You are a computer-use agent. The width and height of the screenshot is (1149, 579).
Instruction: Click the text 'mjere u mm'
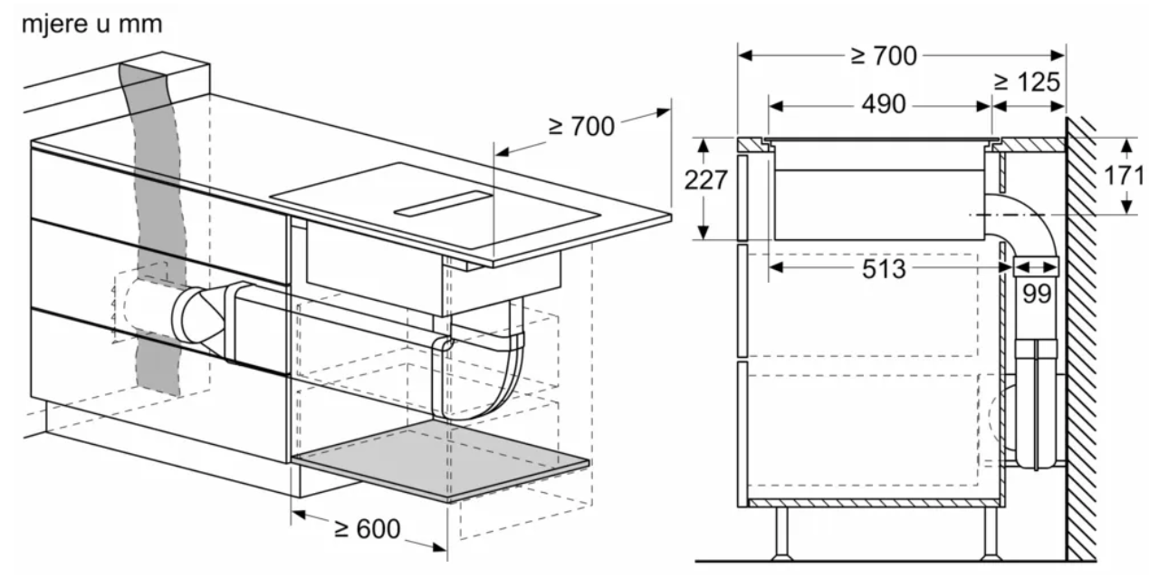pos(91,24)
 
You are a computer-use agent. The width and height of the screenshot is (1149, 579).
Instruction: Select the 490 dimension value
pos(884,105)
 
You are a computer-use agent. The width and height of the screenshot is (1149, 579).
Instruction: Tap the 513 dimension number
pos(884,269)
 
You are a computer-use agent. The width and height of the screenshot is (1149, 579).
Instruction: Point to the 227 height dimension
pos(706,179)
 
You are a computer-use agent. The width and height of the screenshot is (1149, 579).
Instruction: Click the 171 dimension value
pos(1124,176)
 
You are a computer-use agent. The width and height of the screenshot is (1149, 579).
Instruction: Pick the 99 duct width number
pos(1037,294)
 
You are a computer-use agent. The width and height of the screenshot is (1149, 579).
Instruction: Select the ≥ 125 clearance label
pos(1027,82)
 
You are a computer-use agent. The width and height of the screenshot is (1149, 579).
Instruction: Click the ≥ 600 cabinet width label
pos(367,528)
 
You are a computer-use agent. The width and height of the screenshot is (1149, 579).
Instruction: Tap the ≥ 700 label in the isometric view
pos(581,126)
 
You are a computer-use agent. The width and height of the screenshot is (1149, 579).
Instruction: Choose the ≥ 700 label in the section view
pos(884,56)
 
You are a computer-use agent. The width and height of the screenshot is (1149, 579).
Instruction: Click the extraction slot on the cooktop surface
pos(443,203)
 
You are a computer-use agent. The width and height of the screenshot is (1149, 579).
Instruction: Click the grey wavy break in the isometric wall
pos(154,226)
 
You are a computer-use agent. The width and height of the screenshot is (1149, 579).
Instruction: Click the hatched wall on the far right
pos(1081,339)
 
